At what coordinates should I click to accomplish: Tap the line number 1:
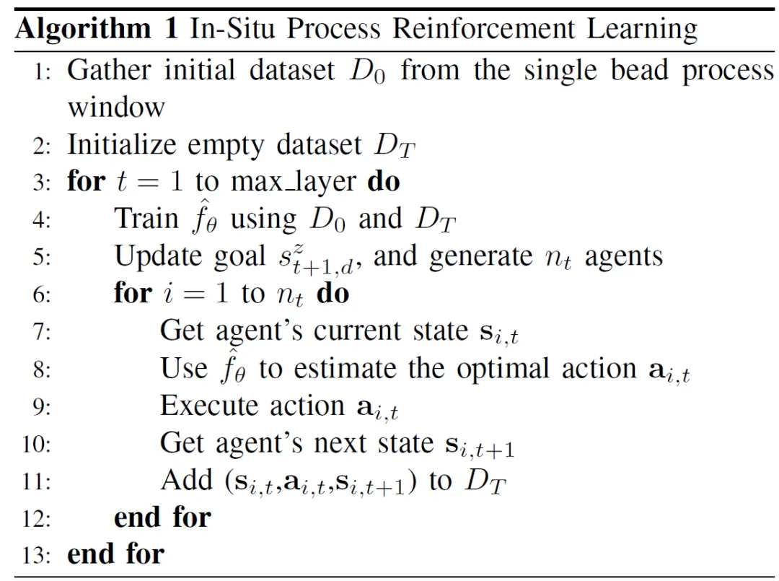pos(41,73)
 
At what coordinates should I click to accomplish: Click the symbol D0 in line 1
pos(367,72)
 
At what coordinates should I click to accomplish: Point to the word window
pos(116,108)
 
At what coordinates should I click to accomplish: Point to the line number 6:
pos(41,294)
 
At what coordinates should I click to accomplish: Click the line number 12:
pos(37,517)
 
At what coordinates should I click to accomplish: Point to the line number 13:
pos(37,555)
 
